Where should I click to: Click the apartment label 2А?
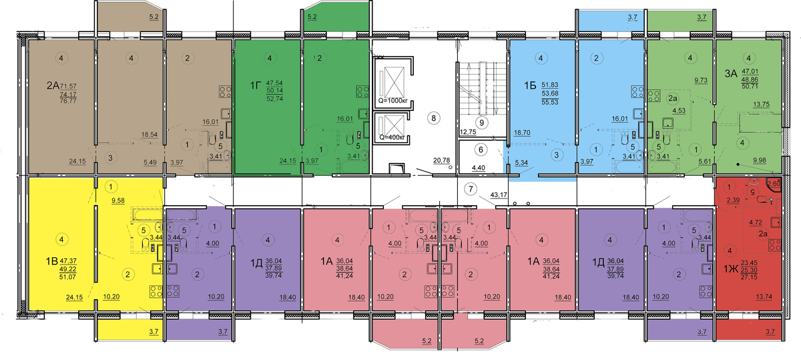(x=53, y=85)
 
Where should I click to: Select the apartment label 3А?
(x=731, y=73)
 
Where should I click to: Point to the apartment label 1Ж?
(x=731, y=269)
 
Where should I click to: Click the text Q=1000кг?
(x=393, y=101)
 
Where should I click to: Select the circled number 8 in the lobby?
(x=434, y=118)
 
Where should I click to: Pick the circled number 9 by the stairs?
(x=482, y=123)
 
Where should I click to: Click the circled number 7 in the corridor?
(x=471, y=188)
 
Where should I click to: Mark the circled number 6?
(x=481, y=150)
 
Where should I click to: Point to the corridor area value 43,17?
(x=499, y=195)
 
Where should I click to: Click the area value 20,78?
(x=442, y=161)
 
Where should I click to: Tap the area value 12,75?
(x=468, y=132)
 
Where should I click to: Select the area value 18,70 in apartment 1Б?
(x=522, y=133)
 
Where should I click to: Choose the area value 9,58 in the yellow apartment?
(x=118, y=201)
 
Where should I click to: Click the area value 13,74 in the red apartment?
(x=764, y=297)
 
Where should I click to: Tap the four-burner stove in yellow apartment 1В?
(x=157, y=292)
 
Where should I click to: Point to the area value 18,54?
(x=149, y=135)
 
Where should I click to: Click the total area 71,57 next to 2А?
(x=68, y=86)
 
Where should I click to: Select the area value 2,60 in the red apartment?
(x=774, y=184)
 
